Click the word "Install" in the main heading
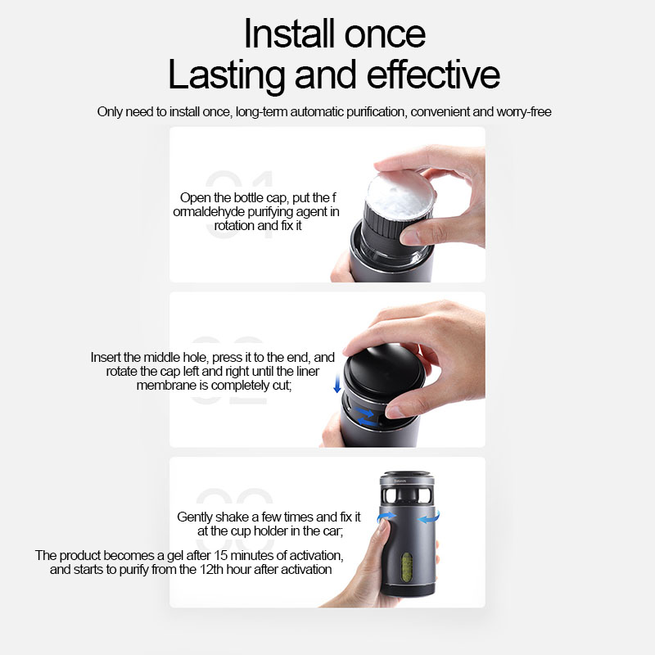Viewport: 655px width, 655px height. [x=289, y=34]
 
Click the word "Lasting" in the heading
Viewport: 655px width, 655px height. [x=226, y=75]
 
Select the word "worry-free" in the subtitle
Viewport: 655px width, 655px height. [x=524, y=112]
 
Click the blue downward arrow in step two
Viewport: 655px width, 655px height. [x=337, y=383]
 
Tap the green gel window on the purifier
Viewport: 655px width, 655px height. [x=406, y=566]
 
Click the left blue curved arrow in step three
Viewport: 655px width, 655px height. [x=386, y=517]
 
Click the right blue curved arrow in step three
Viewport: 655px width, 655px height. [x=429, y=517]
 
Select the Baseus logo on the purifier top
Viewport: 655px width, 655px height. [x=400, y=481]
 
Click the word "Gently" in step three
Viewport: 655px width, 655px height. [x=196, y=517]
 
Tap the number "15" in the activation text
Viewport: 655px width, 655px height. [x=220, y=556]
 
